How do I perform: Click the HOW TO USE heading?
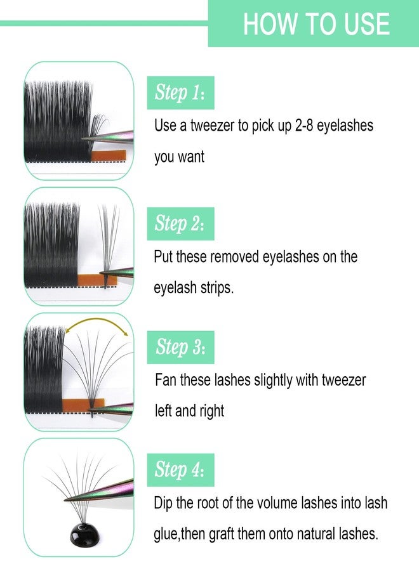316,23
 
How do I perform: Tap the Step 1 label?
180,93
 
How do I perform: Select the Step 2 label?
180,223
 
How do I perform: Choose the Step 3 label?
180,347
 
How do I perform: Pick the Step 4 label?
180,470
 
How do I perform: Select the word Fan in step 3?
166,381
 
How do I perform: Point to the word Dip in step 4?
164,503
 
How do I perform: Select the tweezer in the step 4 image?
114,489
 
